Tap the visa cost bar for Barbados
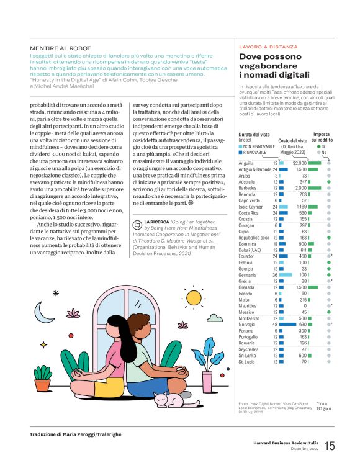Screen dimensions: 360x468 tap(314, 187)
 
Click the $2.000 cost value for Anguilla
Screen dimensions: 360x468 tap(300, 163)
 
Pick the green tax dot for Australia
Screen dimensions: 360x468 tap(329, 181)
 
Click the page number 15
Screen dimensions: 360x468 tap(330, 446)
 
